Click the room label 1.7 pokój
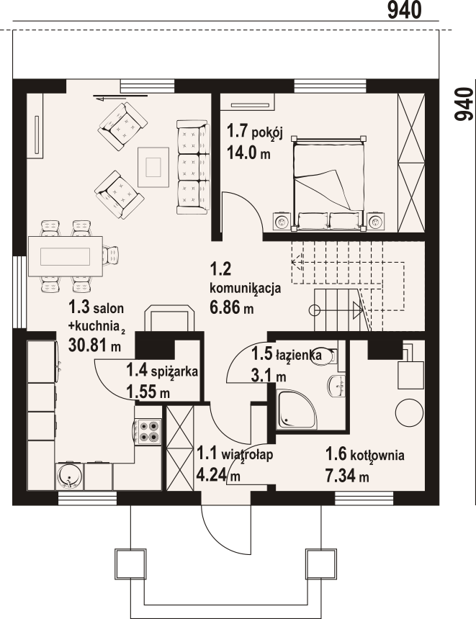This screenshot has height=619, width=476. (x=255, y=132)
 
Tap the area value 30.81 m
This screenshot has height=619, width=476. (x=95, y=345)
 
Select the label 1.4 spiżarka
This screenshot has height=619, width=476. (x=162, y=371)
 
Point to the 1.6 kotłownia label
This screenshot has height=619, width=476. (x=364, y=455)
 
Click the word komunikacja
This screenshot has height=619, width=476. (x=246, y=289)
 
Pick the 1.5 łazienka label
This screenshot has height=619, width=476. (x=287, y=355)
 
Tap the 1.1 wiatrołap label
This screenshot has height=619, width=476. (x=235, y=454)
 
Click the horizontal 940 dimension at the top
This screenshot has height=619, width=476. (x=404, y=10)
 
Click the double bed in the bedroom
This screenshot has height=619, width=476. (x=328, y=183)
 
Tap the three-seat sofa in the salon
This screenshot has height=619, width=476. (x=192, y=168)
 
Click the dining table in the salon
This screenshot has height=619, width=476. (x=66, y=256)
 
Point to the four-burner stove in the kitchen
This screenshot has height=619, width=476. (x=148, y=431)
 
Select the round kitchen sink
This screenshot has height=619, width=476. (x=70, y=476)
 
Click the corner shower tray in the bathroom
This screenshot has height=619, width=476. (x=296, y=410)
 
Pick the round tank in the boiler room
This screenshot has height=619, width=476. (x=409, y=412)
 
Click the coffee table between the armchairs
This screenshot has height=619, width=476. (x=153, y=167)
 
